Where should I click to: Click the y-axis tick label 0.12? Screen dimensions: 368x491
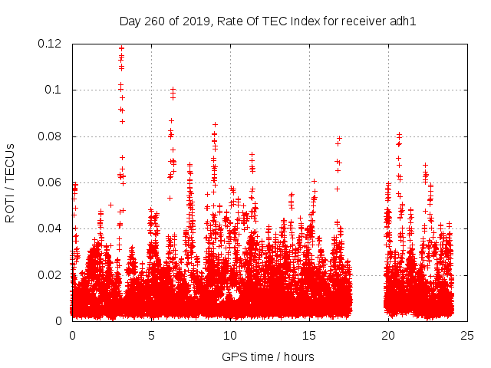pos(50,44)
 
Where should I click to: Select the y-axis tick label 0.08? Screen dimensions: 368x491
pos(50,136)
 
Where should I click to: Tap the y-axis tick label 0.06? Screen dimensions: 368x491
pos(50,182)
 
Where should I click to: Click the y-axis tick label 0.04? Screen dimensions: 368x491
pos(50,228)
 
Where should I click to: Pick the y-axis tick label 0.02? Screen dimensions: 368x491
pos(50,274)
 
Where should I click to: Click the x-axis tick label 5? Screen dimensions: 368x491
pos(151,335)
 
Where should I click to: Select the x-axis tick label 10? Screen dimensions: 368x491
pos(230,335)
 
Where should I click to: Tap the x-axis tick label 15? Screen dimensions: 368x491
pos(309,335)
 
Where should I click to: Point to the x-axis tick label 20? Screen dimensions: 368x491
pos(388,335)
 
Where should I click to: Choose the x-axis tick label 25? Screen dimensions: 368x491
pos(467,335)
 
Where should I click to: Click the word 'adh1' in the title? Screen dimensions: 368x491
pos(403,21)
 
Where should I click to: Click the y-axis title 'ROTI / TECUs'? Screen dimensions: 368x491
pos(11,182)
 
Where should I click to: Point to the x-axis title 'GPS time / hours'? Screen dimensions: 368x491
pos(268,356)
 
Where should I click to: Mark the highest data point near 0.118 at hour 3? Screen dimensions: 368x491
pos(121,48)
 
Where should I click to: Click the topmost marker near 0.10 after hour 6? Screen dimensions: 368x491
pos(173,90)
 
